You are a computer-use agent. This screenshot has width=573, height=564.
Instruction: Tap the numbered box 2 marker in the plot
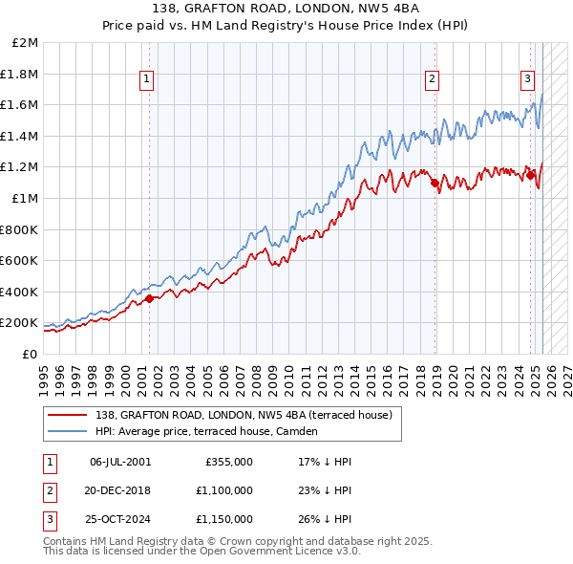tap(432, 80)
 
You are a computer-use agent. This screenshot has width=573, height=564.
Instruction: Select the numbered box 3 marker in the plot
tap(526, 80)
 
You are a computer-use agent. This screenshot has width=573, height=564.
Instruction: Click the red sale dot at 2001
tap(150, 299)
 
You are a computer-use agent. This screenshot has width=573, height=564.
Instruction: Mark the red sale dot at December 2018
tap(435, 183)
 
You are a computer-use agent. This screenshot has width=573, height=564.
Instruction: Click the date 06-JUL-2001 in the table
tap(120, 462)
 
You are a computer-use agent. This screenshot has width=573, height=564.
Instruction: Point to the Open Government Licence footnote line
tap(202, 552)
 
